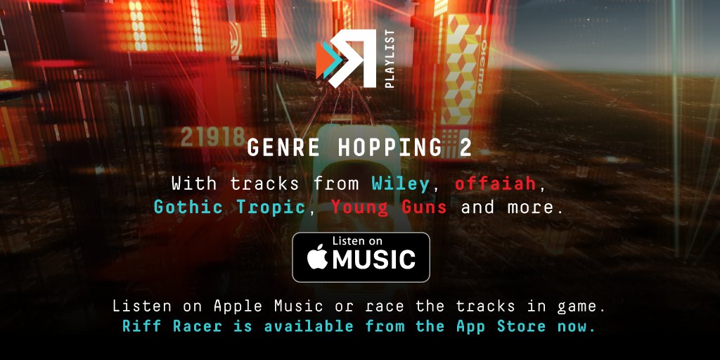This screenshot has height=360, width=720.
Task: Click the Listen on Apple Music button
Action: point(361,257)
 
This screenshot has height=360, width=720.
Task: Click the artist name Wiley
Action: point(400,184)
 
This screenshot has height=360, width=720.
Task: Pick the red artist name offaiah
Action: point(495,184)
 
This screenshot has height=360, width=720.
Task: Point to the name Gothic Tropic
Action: point(229,207)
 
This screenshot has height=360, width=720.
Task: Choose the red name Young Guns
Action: point(389,207)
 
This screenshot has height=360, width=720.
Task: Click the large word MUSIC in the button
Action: point(373,260)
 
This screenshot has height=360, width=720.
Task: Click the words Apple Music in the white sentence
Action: point(271,307)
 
